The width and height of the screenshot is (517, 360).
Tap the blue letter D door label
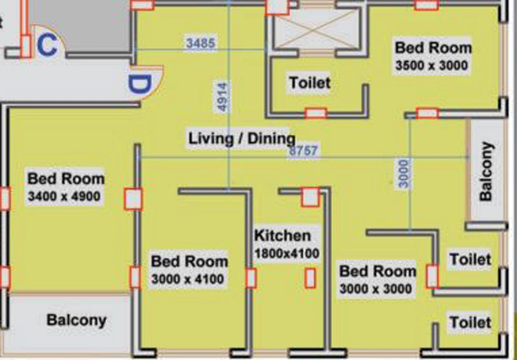(x=140, y=85)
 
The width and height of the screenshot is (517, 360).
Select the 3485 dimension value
(x=200, y=43)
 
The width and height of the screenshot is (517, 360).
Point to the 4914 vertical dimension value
(x=223, y=97)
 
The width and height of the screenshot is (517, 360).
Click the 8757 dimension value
(x=303, y=151)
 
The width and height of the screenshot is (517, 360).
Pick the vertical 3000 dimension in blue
(x=404, y=174)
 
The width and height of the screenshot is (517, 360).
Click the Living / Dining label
(x=242, y=138)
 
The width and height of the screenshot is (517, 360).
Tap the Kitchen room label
(x=282, y=236)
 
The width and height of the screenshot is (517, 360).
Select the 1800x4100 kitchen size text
(x=287, y=254)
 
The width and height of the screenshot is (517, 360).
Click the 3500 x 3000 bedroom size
(x=432, y=66)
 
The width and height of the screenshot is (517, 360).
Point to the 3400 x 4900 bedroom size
(x=64, y=197)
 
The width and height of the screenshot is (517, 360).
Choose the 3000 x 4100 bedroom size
(x=188, y=279)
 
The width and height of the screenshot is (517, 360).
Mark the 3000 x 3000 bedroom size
(x=376, y=289)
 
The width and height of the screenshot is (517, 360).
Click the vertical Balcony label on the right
(x=486, y=171)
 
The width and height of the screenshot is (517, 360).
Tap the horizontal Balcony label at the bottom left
(x=76, y=320)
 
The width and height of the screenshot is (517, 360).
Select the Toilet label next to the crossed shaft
(x=310, y=83)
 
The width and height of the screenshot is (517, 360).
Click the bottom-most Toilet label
(x=470, y=322)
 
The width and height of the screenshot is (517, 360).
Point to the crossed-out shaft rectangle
(x=317, y=29)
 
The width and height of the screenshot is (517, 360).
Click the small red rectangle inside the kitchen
(x=310, y=278)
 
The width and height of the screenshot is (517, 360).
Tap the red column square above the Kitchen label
(x=310, y=197)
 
